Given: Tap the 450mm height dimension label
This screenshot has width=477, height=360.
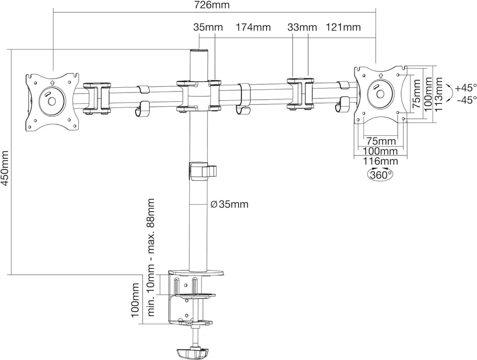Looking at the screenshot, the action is click(5, 166).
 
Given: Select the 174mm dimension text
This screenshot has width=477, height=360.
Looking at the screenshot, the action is click(253, 27).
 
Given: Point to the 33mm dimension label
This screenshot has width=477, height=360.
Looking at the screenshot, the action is click(302, 27).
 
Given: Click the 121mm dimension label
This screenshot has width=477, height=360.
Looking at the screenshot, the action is click(343, 27).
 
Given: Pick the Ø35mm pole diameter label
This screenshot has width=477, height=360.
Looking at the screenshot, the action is click(230, 205).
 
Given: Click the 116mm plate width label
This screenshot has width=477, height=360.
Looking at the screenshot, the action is click(381, 161).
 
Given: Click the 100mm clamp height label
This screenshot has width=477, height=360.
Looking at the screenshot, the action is click(135, 300).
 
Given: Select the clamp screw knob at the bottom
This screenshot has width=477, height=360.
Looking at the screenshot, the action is click(192, 353).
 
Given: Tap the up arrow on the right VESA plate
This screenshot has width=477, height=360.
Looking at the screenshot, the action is click(381, 75).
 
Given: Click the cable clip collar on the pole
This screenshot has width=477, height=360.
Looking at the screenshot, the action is click(202, 171).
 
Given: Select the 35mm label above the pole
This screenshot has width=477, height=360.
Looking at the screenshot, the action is click(208, 27).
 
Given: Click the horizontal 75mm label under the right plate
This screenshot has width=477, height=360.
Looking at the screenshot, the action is click(381, 141).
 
